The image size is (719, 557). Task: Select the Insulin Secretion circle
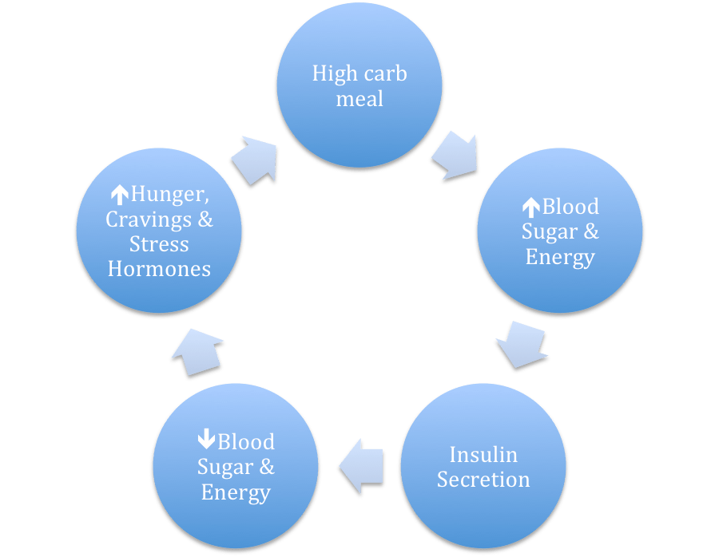[483, 466]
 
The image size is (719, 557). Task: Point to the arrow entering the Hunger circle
[198, 350]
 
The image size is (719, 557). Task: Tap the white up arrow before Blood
[530, 207]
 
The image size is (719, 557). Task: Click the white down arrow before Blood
[205, 441]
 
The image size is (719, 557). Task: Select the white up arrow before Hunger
[119, 194]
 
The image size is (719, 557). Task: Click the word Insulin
[483, 455]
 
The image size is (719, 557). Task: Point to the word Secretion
[483, 480]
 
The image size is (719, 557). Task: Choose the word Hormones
[159, 269]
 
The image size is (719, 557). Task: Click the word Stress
[159, 243]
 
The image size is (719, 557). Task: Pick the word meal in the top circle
[359, 99]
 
